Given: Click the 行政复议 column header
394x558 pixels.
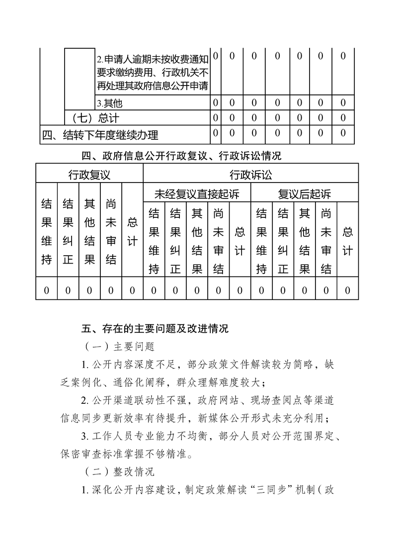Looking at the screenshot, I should coord(89,175).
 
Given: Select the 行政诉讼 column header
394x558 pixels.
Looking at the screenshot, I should coord(251,175).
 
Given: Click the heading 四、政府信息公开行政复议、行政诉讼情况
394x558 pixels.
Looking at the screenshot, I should coord(181,156).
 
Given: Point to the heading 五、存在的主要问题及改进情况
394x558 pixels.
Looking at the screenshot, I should coord(155,329).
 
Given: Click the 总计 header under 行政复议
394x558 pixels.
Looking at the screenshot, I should coord(132,231).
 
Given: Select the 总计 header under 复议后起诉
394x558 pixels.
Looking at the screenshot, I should coord(348,241).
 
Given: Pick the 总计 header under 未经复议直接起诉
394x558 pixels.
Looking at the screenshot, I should coord(240,241).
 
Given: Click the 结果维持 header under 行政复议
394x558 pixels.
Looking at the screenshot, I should coord(46,231).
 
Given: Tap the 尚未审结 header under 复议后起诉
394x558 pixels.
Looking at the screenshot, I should coord(326,241).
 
